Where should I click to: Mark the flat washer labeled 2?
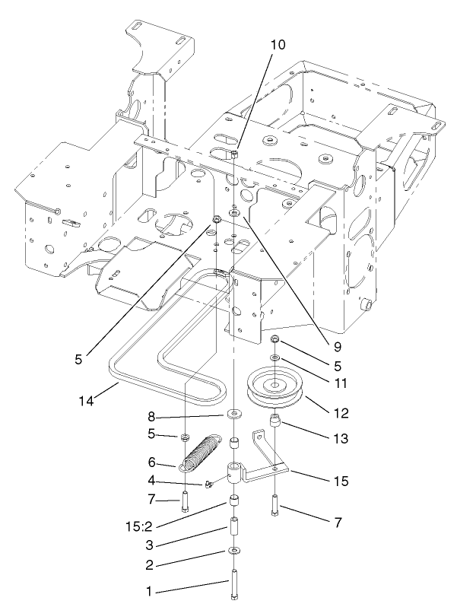[233, 549]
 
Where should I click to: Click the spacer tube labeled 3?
[233, 526]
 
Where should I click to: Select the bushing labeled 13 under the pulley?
[274, 422]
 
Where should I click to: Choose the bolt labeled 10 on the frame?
[235, 155]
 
